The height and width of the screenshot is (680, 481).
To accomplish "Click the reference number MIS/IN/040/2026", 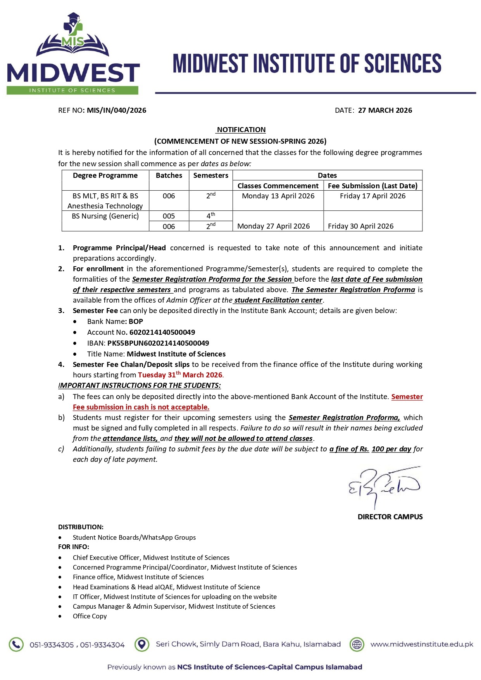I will [116, 110].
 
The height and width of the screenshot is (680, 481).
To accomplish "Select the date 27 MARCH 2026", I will [385, 110].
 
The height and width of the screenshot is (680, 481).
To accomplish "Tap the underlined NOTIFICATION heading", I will [241, 130].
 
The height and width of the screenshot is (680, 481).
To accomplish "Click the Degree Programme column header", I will [105, 176].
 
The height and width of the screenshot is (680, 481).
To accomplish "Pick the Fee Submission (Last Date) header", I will [372, 186].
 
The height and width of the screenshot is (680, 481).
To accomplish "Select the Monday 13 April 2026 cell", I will [278, 196].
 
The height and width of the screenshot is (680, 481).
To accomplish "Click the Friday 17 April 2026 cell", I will [372, 196].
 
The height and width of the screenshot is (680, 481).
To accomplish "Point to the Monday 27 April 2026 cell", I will [273, 226].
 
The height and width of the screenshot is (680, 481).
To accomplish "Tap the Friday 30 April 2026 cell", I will [360, 226].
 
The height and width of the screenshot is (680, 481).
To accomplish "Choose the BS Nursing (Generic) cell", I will [105, 216].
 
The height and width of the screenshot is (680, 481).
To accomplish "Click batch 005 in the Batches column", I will [169, 216].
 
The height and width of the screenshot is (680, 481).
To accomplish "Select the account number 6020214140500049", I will [162, 332].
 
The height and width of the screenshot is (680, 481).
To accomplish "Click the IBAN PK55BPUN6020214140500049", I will [158, 343].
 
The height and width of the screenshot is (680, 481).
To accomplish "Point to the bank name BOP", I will [136, 322].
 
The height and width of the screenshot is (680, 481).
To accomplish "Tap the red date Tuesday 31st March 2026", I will [180, 375].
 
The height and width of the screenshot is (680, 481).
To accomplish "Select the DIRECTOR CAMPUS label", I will [390, 517].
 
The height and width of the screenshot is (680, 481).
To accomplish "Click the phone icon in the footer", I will [16, 644].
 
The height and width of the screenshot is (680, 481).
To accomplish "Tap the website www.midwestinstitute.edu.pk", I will [422, 644].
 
